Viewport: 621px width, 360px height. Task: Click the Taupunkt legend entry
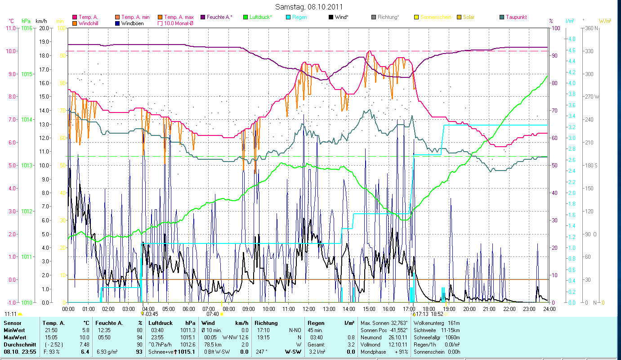[516, 17]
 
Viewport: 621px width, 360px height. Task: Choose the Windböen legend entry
[132, 23]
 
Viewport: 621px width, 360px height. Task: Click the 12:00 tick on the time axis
[308, 309]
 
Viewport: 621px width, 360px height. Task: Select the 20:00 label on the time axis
[469, 309]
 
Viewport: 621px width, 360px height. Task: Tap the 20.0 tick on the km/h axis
[44, 28]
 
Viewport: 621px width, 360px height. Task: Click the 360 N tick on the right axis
[590, 28]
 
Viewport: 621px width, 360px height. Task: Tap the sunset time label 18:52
[438, 314]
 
